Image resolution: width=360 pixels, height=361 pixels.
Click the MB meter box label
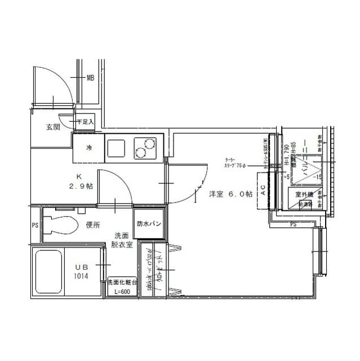point(90,78)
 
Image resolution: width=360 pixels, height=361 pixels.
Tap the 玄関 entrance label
point(53,127)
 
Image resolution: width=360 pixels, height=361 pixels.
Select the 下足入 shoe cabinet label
point(85,121)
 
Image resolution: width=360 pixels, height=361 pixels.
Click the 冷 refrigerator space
point(88,148)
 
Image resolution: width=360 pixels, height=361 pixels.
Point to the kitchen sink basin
point(118,148)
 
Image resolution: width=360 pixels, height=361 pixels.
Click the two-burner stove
point(147,148)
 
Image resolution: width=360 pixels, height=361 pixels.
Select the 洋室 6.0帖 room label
point(230,194)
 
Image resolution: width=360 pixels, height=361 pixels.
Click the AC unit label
point(263,191)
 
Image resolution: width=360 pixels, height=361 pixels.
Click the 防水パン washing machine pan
point(149,224)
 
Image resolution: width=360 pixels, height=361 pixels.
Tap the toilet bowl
point(60,225)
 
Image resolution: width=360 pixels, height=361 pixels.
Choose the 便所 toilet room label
point(92,225)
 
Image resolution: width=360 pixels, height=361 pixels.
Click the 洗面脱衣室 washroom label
point(121,239)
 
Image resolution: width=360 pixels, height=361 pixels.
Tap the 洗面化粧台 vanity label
point(122,282)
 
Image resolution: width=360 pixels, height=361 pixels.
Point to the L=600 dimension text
point(122,292)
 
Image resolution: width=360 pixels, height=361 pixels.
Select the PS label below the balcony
point(292,225)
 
